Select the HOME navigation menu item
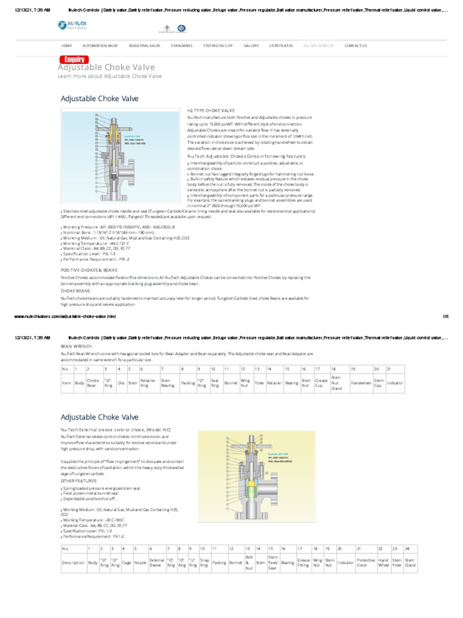(x=66, y=45)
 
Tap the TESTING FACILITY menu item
(x=216, y=45)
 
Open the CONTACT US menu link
(x=355, y=45)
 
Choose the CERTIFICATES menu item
(x=281, y=45)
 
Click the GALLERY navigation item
(x=251, y=45)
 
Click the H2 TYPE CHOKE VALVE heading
(x=212, y=111)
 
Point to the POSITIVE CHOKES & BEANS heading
(x=89, y=271)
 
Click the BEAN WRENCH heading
(x=75, y=346)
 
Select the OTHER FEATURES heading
(x=78, y=481)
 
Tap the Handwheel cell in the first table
(x=361, y=383)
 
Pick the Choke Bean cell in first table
(x=93, y=383)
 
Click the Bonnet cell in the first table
(x=231, y=383)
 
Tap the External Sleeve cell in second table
(x=156, y=562)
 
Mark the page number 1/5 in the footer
(x=446, y=316)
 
